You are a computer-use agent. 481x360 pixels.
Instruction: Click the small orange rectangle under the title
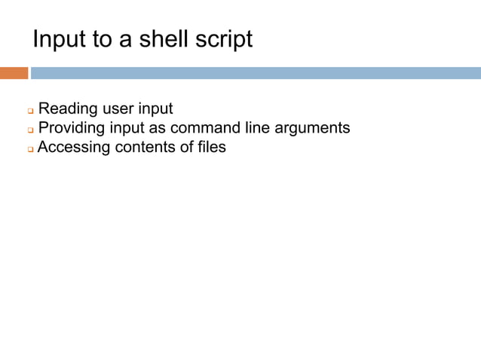tap(14, 73)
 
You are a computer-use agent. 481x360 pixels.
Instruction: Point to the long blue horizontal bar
tap(256, 73)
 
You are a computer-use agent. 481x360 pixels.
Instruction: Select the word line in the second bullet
tap(261, 128)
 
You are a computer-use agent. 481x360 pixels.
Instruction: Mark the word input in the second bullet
tap(135, 128)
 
